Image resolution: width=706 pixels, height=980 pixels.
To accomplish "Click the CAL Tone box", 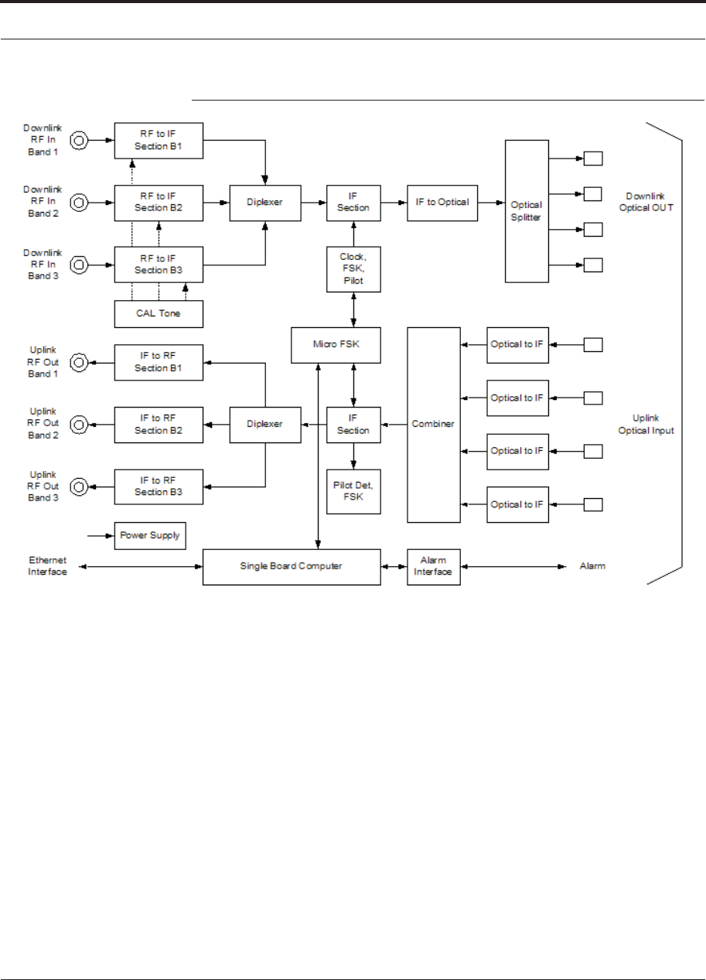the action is click(159, 314).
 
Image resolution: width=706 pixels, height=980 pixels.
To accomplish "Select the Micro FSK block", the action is click(336, 345).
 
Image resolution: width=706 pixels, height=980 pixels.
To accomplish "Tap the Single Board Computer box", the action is click(292, 566).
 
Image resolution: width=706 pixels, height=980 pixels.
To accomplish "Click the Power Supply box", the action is click(150, 535).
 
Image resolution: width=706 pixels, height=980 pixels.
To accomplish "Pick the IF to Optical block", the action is click(442, 203).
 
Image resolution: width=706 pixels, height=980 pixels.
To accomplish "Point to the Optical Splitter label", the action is click(526, 211).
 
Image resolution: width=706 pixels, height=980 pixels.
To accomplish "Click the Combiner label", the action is click(432, 424).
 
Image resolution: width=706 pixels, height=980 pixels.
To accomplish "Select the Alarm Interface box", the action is click(434, 566).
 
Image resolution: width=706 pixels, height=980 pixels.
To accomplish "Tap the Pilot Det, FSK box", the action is click(353, 491).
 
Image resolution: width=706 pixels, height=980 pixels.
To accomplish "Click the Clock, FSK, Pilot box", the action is click(353, 269).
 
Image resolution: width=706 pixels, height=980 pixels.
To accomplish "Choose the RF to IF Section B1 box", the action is click(159, 141).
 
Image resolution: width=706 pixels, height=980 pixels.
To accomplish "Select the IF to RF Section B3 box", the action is click(159, 487).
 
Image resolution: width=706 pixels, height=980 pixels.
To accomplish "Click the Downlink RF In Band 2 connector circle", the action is click(79, 203).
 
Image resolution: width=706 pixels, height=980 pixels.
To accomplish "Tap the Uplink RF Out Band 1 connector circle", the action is click(79, 362).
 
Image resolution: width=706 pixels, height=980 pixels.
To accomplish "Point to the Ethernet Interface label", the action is click(47, 565).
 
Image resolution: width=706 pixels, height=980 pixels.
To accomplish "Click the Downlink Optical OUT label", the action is click(646, 202).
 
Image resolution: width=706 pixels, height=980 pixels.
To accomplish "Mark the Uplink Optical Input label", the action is click(646, 424).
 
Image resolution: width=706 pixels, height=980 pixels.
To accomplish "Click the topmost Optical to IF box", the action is click(517, 345).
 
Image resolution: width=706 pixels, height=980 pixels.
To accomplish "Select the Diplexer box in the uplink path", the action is click(265, 425).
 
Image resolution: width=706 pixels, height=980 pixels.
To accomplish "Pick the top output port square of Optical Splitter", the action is click(593, 159).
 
